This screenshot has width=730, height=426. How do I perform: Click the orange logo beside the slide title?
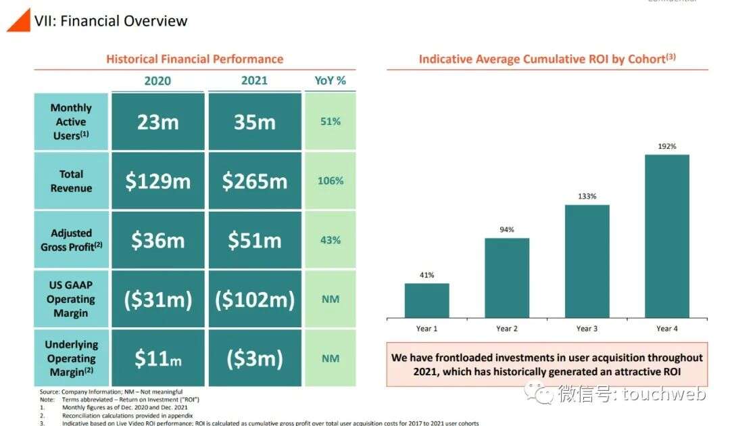[18, 20]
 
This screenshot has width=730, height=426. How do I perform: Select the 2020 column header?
[157, 80]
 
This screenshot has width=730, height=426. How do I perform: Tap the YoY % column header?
[330, 80]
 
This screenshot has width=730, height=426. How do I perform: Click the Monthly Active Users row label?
[71, 122]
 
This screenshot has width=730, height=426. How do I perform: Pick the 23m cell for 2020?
[157, 122]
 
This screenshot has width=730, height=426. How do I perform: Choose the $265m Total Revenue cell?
[254, 181]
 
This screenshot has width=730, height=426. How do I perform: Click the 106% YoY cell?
[330, 181]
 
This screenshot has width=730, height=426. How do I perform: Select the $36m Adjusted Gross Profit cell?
[157, 240]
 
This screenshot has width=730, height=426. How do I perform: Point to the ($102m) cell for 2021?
[254, 300]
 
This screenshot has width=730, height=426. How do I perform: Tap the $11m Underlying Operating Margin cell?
[157, 358]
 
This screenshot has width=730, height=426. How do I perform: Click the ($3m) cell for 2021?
[254, 358]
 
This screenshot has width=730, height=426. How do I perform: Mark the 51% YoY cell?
[330, 122]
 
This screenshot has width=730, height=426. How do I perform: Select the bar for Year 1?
[427, 300]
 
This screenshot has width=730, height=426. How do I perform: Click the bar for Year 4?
[666, 236]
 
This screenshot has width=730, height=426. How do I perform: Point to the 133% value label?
[587, 196]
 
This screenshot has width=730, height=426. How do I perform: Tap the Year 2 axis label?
[507, 329]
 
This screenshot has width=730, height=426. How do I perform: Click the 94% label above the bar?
[507, 230]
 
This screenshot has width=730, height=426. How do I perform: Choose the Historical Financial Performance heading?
[195, 59]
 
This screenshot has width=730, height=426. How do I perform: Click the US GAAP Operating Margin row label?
[71, 300]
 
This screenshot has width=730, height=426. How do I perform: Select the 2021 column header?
[254, 80]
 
